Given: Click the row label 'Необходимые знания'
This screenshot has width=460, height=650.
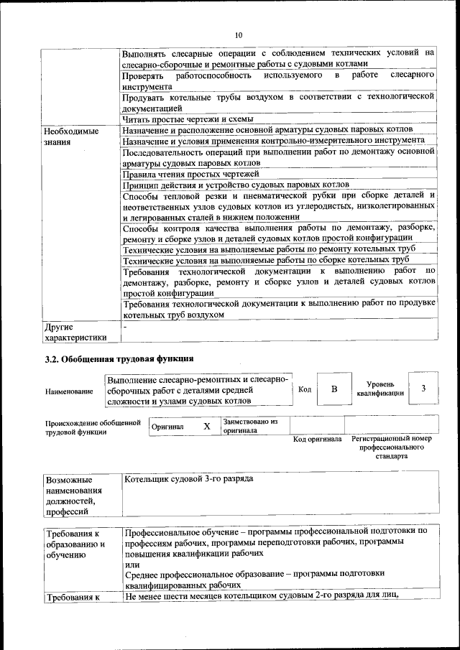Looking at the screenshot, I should tap(70, 137).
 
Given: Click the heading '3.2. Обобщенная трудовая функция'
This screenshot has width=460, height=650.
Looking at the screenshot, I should tap(119, 358).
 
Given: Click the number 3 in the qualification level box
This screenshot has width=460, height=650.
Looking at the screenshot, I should tap(423, 389).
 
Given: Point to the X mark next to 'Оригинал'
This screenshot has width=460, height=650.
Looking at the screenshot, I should tap(206, 426).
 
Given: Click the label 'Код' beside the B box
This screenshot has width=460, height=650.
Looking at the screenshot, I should tap(304, 389).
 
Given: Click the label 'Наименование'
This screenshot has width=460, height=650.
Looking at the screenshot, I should tap(69, 391).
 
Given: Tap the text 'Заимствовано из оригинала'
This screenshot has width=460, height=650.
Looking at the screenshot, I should tap(250, 426).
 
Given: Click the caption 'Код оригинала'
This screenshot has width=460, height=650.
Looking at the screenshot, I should tap(317, 439).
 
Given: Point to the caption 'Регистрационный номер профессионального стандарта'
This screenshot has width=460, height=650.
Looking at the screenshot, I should tap(391, 447).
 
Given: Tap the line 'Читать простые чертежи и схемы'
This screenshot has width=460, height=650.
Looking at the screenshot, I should tap(188, 119).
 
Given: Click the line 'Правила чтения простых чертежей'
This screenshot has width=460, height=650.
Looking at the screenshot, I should tap(190, 174).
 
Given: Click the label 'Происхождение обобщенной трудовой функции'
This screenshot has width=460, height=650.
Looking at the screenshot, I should tap(93, 427).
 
